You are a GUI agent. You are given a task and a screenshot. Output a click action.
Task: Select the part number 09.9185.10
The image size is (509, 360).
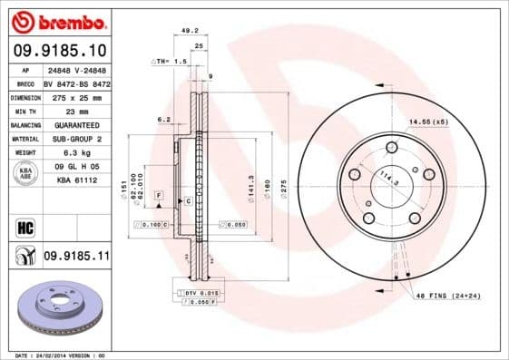[63, 50]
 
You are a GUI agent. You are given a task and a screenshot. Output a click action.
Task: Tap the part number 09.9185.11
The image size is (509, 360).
[76, 258]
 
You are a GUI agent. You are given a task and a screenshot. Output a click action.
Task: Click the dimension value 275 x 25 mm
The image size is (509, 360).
[76, 96]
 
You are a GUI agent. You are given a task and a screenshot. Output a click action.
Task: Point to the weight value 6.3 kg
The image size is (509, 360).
[76, 152]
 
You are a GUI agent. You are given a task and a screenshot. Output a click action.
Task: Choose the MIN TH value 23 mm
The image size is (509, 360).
[76, 111]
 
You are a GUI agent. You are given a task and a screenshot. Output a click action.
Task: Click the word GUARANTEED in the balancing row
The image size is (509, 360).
[76, 124]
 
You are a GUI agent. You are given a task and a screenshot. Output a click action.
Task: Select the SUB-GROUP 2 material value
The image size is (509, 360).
[76, 139]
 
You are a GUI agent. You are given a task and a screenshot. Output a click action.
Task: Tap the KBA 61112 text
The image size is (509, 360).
[76, 180]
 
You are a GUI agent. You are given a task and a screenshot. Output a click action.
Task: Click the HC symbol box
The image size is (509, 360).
[25, 226]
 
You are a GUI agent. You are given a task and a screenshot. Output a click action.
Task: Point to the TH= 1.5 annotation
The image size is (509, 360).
[169, 61]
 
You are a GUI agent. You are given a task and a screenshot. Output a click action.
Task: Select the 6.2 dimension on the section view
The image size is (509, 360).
[163, 118]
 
